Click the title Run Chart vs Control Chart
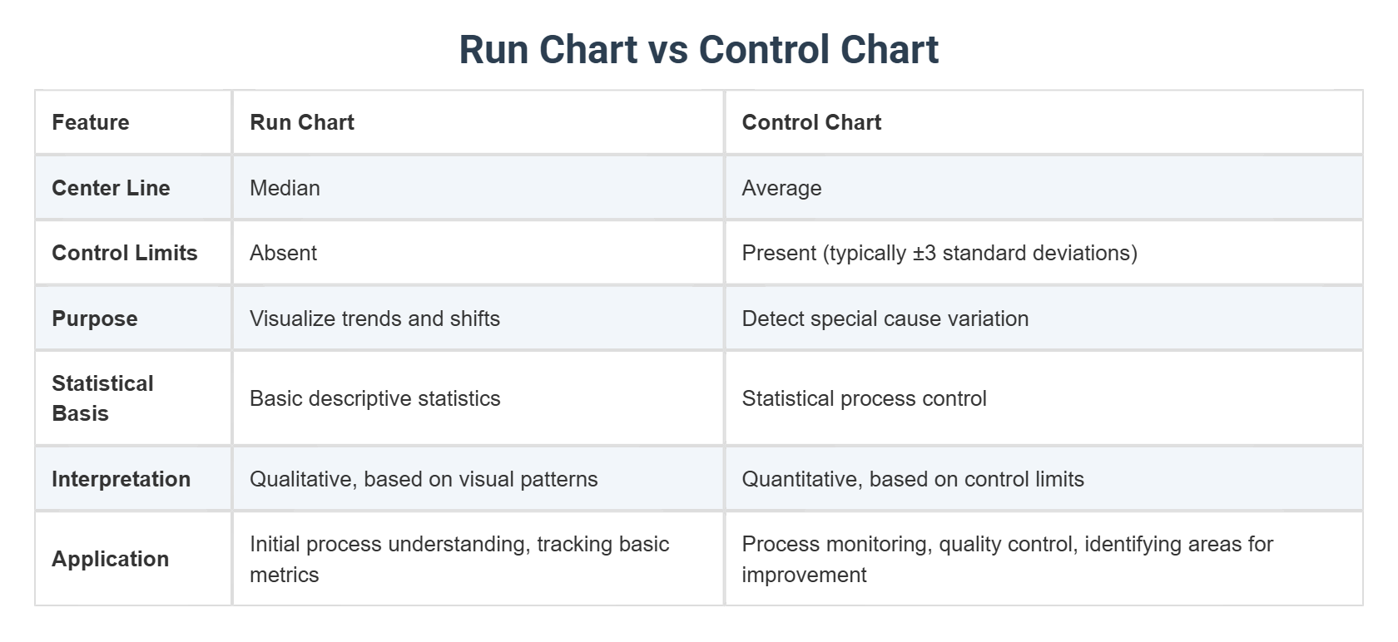click(x=699, y=50)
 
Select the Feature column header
click(x=91, y=122)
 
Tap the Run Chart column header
click(x=302, y=122)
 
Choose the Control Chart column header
click(x=811, y=122)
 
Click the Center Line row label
click(x=111, y=188)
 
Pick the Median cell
click(x=285, y=188)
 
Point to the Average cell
click(x=781, y=188)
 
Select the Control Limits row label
click(x=125, y=253)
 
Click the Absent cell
click(x=283, y=253)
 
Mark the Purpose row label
click(x=95, y=319)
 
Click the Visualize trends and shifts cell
click(x=374, y=319)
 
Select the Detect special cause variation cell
click(x=885, y=319)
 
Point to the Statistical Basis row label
click(x=102, y=398)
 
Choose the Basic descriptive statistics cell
click(x=374, y=398)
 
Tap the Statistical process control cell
click(x=864, y=398)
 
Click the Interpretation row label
click(x=121, y=479)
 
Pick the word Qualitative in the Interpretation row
click(x=303, y=479)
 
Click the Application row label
click(x=110, y=559)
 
